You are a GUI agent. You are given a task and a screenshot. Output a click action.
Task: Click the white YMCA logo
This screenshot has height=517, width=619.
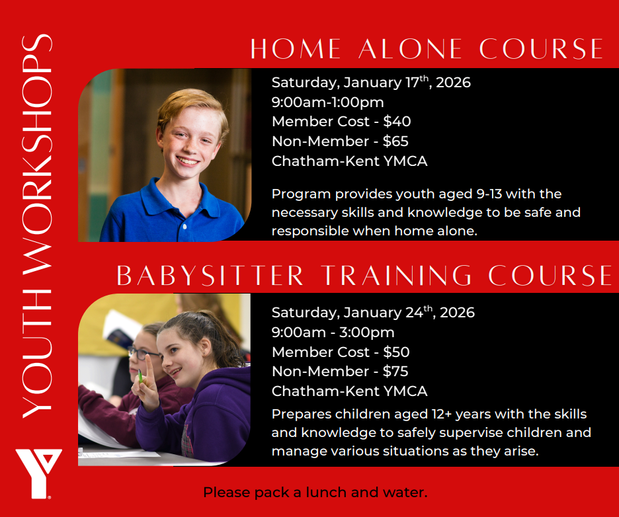[x=38, y=473]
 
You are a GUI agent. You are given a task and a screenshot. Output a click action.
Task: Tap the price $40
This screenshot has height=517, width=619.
[x=397, y=122]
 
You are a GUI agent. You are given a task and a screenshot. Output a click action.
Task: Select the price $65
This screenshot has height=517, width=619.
[x=395, y=141]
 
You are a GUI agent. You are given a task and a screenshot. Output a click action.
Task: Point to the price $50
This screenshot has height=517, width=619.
[x=396, y=352]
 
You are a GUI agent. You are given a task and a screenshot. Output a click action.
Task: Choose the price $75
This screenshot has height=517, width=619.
[x=395, y=372]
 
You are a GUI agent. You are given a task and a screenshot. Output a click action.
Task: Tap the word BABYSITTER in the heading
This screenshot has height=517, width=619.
[x=210, y=276]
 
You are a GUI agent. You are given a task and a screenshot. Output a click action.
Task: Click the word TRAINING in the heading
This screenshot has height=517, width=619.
[x=396, y=276]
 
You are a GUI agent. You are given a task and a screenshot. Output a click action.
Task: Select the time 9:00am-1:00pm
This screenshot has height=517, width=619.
[x=327, y=102]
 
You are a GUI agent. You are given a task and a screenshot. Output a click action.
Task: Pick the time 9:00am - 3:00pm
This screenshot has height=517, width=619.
[x=333, y=333]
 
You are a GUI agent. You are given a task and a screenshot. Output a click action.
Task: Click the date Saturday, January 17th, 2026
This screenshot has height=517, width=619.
[x=371, y=82]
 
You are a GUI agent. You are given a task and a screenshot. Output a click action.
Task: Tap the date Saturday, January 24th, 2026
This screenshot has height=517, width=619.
[x=373, y=312]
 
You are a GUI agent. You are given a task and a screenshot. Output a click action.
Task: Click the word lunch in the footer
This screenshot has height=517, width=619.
[x=327, y=493]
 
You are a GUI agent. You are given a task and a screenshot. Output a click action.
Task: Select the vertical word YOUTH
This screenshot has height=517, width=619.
[x=37, y=354]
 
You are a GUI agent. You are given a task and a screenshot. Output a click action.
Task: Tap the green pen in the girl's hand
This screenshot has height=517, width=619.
[x=140, y=377]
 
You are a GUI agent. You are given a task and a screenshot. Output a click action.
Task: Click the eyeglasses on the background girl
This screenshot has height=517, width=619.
[x=144, y=353]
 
